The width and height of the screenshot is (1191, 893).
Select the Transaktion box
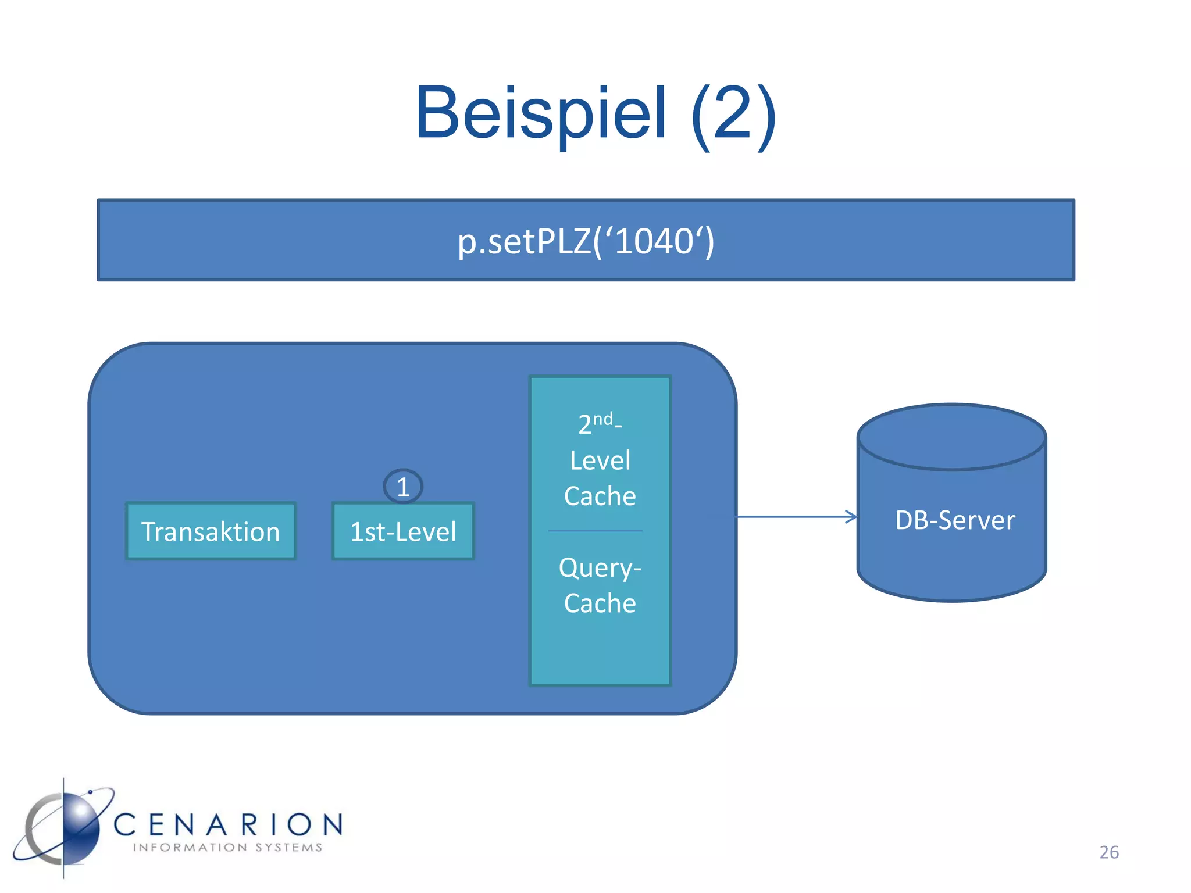tap(211, 531)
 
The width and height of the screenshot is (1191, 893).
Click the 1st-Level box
tap(403, 531)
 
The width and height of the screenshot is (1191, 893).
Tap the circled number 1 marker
tap(403, 487)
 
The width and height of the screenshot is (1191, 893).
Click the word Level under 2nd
tap(600, 460)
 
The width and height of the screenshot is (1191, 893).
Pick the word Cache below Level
tap(600, 496)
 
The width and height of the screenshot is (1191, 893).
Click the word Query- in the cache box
tap(600, 567)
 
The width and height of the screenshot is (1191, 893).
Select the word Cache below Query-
tap(600, 603)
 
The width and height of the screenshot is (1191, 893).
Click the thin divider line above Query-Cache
tap(595, 531)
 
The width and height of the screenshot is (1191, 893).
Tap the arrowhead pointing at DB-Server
tap(851, 516)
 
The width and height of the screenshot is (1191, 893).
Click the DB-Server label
tap(954, 520)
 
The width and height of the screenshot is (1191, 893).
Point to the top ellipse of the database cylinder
tap(951, 436)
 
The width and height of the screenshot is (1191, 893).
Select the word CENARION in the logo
tap(228, 824)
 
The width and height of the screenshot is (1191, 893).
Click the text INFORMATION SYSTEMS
tap(227, 848)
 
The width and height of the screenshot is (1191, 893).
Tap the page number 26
tap(1108, 852)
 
